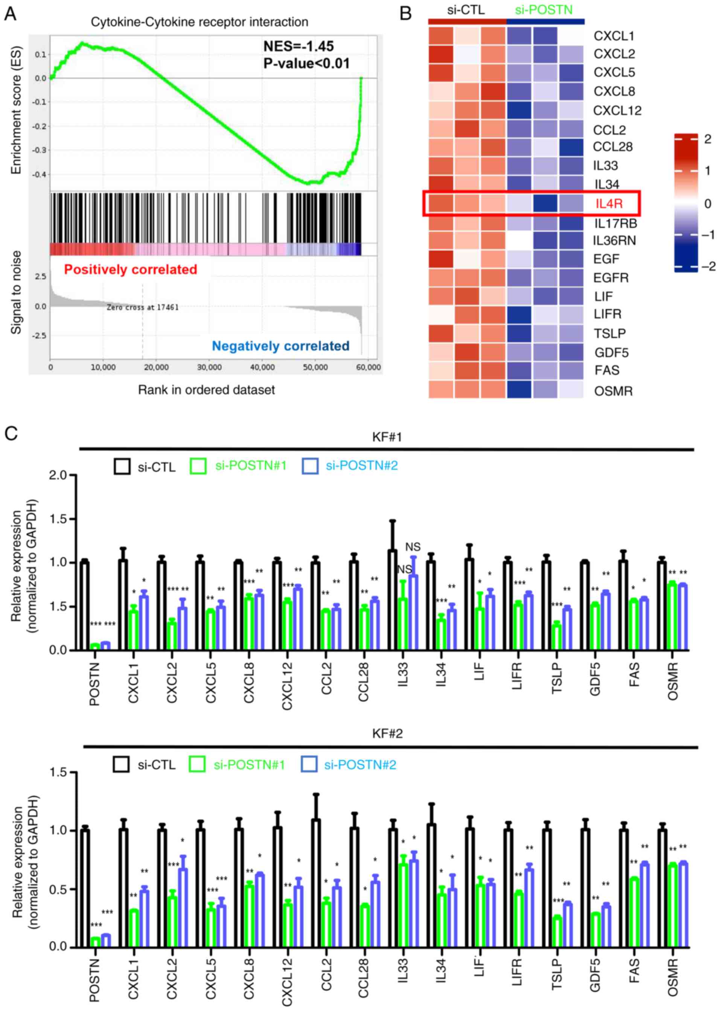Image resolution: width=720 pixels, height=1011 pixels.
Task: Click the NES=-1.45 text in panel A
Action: (298, 46)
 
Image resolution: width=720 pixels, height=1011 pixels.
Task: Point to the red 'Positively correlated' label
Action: (130, 269)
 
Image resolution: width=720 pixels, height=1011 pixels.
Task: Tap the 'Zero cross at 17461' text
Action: (142, 307)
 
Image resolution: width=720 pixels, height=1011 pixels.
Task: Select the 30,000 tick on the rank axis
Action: (209, 367)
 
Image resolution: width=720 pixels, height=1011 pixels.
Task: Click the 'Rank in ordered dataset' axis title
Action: (206, 390)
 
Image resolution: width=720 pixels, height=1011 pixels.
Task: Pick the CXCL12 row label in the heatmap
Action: (617, 110)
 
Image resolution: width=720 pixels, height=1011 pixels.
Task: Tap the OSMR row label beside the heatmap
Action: (613, 391)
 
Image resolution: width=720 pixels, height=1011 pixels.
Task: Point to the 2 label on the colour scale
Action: (708, 139)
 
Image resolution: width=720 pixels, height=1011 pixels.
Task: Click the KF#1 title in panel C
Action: (387, 437)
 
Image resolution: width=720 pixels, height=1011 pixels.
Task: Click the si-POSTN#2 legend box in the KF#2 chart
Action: (309, 764)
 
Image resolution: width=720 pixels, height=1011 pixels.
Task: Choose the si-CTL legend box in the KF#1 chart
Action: (122, 466)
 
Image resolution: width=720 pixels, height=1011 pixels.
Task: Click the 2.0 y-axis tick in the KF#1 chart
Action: (58, 475)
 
